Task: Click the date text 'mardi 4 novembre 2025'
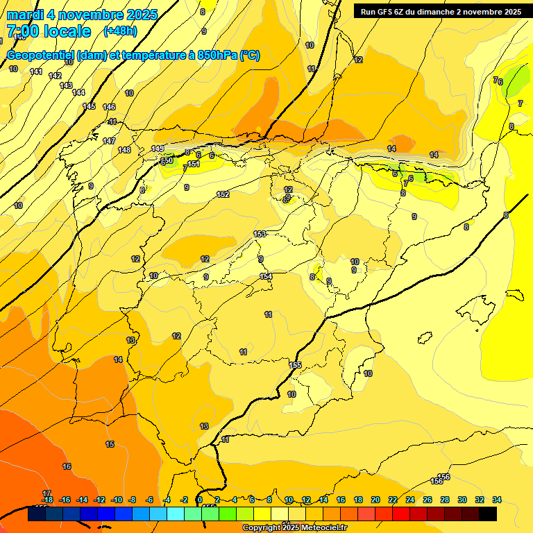pyautogui.click(x=82, y=15)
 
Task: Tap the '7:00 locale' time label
pyautogui.click(x=49, y=31)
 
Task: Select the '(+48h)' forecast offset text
pyautogui.click(x=121, y=31)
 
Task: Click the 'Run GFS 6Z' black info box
pyautogui.click(x=441, y=11)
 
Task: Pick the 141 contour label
pyautogui.click(x=36, y=72)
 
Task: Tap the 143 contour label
pyautogui.click(x=66, y=85)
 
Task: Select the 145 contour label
pyautogui.click(x=89, y=106)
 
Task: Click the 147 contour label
pyautogui.click(x=109, y=141)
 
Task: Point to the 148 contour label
pyautogui.click(x=124, y=150)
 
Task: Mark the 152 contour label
pyautogui.click(x=223, y=194)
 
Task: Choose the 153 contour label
pyautogui.click(x=260, y=234)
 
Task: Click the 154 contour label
pyautogui.click(x=266, y=276)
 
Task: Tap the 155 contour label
pyautogui.click(x=296, y=365)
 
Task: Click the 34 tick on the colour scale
pyautogui.click(x=497, y=500)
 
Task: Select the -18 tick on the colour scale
pyautogui.click(x=47, y=500)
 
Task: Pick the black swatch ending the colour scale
pyautogui.click(x=488, y=514)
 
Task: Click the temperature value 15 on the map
pyautogui.click(x=110, y=444)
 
